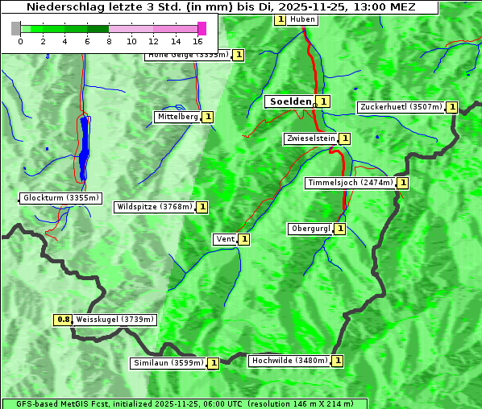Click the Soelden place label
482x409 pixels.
(289, 101)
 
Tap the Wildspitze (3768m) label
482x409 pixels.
(155, 207)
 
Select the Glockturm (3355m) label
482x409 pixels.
(61, 198)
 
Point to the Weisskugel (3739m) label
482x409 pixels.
(114, 320)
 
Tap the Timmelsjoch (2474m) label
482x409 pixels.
(350, 183)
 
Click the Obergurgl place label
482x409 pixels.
(310, 229)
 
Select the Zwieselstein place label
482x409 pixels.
(310, 138)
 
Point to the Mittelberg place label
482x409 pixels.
(177, 117)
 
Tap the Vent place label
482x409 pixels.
(225, 239)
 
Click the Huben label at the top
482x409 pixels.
(302, 19)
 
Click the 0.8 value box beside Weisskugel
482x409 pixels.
(63, 320)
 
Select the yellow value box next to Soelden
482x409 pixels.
(323, 101)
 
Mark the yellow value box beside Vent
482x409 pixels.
(244, 239)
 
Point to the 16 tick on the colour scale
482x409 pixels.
(198, 40)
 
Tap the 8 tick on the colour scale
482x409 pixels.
(109, 40)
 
